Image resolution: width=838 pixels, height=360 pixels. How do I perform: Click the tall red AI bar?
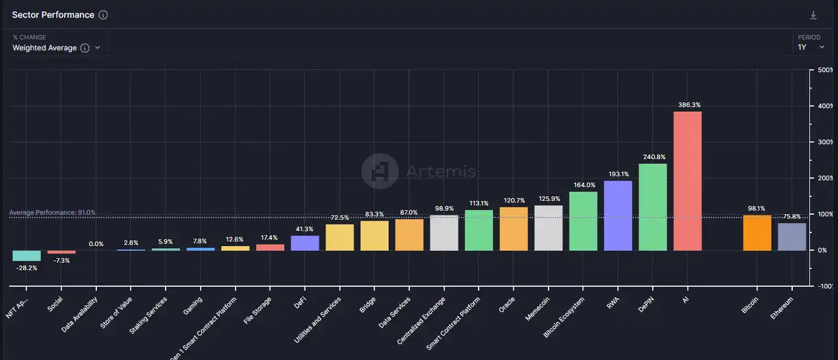click(x=687, y=181)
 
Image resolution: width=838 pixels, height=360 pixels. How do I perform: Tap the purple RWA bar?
click(x=618, y=215)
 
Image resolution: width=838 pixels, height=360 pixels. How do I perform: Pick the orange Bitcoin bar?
click(x=757, y=232)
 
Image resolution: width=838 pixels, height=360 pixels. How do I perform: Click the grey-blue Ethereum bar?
click(x=792, y=236)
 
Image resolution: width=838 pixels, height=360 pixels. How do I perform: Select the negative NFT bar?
click(x=27, y=255)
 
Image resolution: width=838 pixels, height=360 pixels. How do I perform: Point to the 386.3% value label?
click(x=687, y=105)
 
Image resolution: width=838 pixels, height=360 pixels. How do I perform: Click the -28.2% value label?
click(x=27, y=267)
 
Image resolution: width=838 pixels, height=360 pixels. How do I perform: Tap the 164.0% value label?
click(x=583, y=185)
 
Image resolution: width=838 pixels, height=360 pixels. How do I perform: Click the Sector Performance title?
click(x=53, y=15)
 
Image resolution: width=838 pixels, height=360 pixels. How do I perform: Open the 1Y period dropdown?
click(x=811, y=47)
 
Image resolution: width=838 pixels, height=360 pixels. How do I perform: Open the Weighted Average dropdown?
click(x=56, y=48)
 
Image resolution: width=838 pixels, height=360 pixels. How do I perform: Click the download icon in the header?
click(x=814, y=15)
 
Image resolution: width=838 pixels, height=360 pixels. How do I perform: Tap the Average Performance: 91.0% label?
click(x=52, y=213)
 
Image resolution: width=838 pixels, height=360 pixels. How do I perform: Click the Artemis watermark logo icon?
click(x=380, y=171)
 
